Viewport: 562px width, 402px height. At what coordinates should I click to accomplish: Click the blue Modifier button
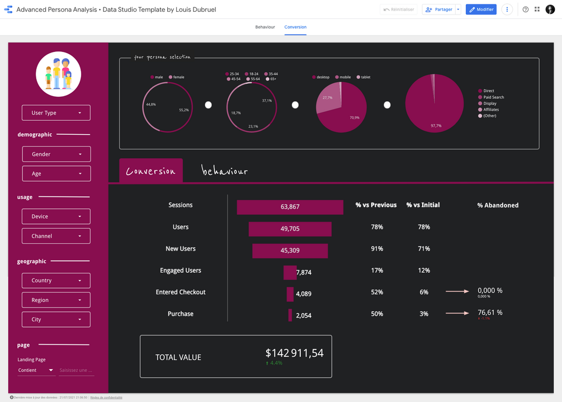(x=481, y=10)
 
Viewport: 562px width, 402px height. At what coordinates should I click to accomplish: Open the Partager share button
(x=439, y=10)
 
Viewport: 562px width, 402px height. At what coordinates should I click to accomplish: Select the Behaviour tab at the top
(x=265, y=27)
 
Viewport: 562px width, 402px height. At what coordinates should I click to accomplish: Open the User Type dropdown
(x=56, y=113)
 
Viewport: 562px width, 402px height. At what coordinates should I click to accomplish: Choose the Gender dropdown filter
(x=56, y=154)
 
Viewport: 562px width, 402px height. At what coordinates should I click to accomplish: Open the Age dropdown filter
(x=56, y=173)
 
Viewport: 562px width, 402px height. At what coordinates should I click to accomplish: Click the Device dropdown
(x=56, y=216)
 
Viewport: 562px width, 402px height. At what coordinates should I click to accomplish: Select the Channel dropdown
(x=56, y=236)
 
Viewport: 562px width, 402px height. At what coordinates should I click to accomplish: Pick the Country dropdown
(x=56, y=281)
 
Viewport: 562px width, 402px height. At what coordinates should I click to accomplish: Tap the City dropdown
(x=56, y=319)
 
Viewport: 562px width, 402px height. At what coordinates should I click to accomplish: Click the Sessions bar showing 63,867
(x=290, y=207)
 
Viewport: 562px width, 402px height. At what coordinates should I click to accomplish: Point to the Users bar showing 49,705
(x=290, y=229)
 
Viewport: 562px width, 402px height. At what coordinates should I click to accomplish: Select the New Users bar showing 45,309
(x=290, y=250)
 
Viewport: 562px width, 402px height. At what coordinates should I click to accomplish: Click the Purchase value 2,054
(x=304, y=315)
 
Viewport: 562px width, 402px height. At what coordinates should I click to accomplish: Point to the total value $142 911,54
(x=294, y=353)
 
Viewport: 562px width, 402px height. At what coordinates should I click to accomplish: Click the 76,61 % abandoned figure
(x=490, y=313)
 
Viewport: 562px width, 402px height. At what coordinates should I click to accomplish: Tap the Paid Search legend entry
(x=493, y=97)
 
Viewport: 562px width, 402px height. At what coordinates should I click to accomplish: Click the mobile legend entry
(x=344, y=77)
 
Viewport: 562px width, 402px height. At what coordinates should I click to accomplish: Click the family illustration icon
(x=58, y=74)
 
